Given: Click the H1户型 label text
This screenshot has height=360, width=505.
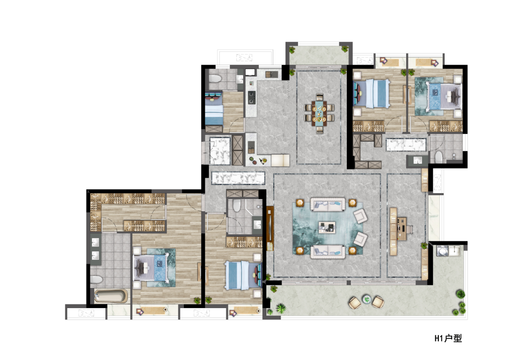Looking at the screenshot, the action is (448, 338).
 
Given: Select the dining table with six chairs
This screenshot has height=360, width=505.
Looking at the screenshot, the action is (319, 113).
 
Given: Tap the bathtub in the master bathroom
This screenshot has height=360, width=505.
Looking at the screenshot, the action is (111, 296).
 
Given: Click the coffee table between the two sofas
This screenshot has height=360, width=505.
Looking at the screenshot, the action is (327, 227).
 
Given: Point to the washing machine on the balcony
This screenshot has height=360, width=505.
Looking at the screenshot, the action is (442, 251).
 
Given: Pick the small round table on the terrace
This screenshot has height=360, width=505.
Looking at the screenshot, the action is (367, 299).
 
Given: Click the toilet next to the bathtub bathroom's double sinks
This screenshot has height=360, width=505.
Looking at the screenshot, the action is (96, 280).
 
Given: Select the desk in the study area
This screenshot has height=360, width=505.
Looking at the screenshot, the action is (401, 229).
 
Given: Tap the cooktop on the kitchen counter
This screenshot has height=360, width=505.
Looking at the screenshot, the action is (251, 97).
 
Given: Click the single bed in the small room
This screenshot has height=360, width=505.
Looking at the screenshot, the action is (214, 109).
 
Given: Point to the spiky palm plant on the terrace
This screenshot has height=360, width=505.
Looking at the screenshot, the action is (281, 309).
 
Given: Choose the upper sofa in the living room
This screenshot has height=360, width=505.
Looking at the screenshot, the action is (328, 204).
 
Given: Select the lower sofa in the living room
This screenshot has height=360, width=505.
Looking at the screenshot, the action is (328, 251).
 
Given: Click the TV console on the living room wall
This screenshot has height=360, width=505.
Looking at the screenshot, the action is (270, 228).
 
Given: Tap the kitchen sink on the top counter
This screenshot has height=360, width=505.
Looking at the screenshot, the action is (271, 75).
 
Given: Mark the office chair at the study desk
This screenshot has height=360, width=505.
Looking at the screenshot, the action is (409, 229).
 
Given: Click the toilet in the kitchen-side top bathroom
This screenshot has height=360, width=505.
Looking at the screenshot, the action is (214, 78).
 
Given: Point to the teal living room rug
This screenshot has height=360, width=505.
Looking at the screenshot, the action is (328, 228).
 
